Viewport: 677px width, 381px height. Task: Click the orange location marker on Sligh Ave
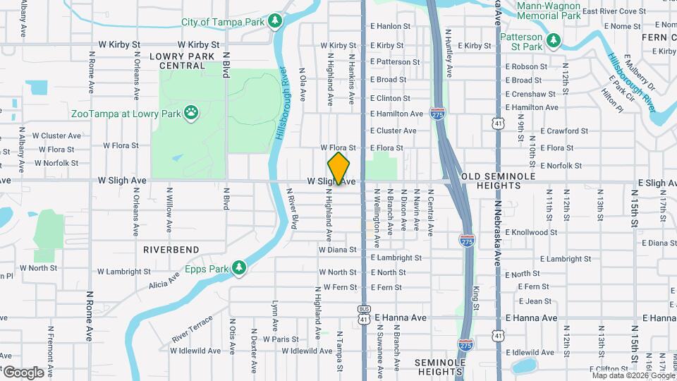click(338, 168)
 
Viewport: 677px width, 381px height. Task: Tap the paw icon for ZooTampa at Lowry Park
click(191, 111)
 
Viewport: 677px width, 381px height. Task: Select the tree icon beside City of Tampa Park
click(274, 22)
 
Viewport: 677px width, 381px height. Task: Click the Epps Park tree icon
click(240, 267)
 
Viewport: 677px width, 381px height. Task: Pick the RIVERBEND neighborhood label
click(171, 250)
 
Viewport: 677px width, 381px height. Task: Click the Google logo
click(23, 372)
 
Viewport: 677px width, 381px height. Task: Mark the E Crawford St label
click(564, 131)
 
